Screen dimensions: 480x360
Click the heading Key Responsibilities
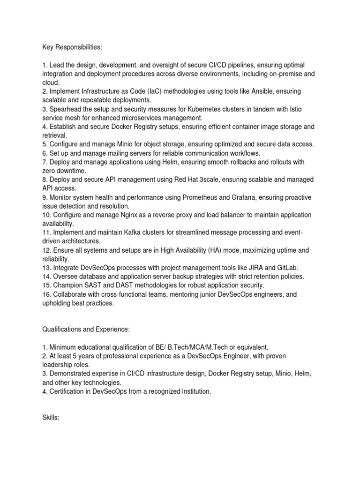[70, 47]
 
